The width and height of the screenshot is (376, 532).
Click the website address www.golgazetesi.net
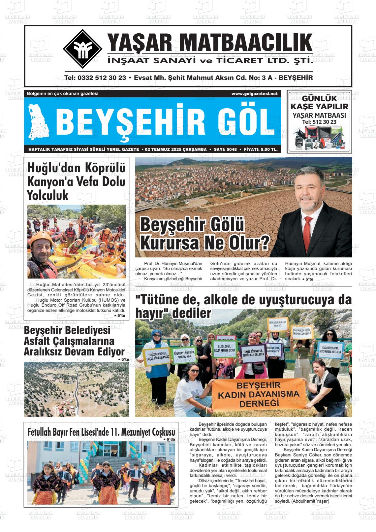tap(254, 94)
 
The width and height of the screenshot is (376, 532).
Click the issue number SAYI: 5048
tap(225, 150)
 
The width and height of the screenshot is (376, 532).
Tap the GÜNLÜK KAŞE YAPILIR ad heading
tap(319, 102)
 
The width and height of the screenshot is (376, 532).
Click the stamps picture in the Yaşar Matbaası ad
tap(319, 138)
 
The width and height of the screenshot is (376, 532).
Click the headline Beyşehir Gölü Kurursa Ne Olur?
tap(204, 234)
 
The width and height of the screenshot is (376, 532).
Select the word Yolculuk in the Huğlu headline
tap(47, 195)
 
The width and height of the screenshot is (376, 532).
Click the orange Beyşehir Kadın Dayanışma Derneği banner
tap(259, 394)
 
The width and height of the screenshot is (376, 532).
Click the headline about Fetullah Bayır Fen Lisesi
tap(101, 432)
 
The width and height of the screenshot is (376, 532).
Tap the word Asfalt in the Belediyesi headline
tap(38, 341)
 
